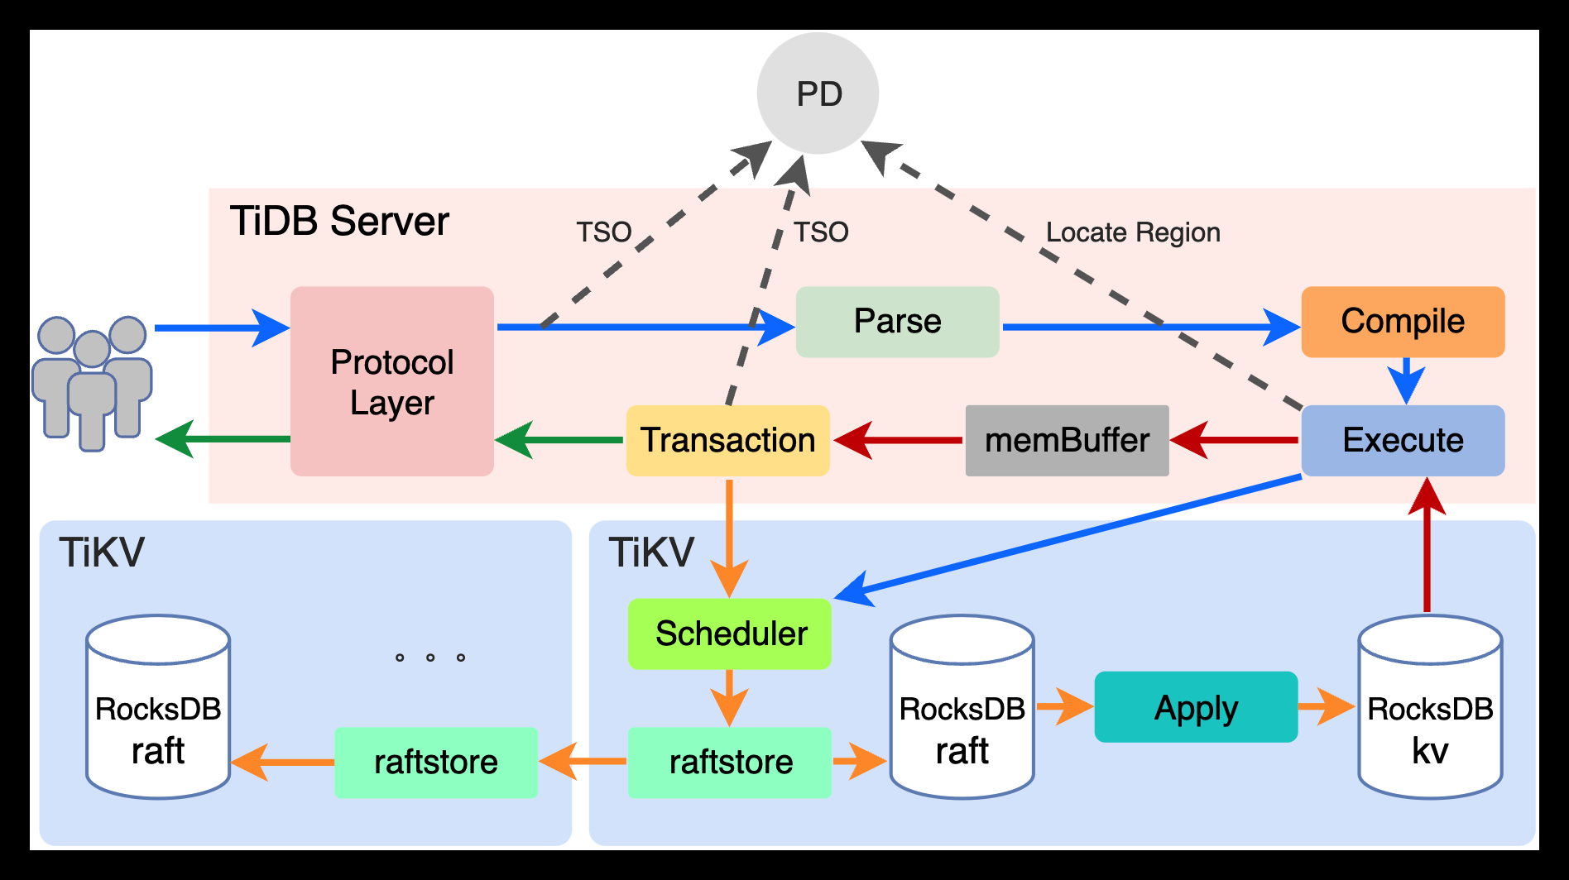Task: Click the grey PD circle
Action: click(818, 93)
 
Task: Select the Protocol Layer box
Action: click(392, 381)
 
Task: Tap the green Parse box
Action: click(897, 322)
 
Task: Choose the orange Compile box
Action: click(1403, 322)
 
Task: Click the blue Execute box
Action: click(1403, 440)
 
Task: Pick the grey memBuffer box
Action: click(1067, 440)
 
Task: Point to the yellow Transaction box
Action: click(727, 440)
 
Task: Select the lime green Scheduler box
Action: click(730, 634)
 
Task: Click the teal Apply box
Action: click(1196, 707)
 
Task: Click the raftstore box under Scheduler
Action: click(730, 763)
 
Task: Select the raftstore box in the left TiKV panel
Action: click(436, 763)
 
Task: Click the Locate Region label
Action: click(1133, 232)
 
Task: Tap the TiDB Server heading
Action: click(339, 222)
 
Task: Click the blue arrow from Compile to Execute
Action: click(1406, 380)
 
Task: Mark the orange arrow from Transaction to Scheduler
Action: click(729, 538)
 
